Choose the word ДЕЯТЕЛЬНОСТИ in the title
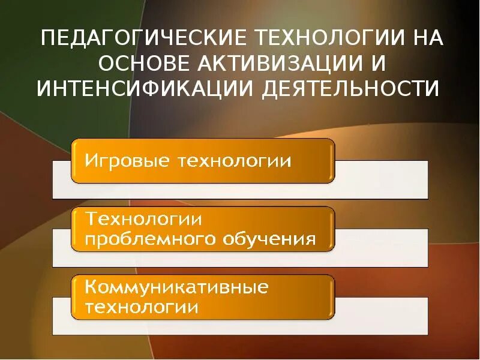(x=351, y=89)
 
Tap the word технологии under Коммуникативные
(x=142, y=307)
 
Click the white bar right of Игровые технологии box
(x=381, y=179)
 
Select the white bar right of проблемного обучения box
(x=381, y=247)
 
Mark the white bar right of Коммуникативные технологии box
(x=381, y=316)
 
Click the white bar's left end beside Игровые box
(x=61, y=179)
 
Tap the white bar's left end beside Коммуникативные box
(x=61, y=316)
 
